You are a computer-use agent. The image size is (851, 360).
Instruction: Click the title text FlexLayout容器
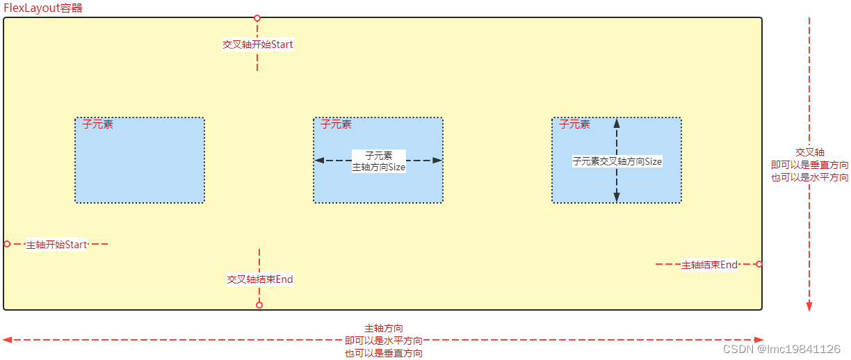[43, 8]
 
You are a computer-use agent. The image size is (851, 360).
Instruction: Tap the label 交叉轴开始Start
[257, 44]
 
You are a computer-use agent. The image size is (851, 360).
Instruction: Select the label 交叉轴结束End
[260, 279]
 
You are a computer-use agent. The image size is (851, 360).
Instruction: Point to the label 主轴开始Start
[56, 245]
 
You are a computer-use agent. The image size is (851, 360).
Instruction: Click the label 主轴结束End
[709, 265]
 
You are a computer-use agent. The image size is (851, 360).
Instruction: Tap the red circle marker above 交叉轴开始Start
[257, 18]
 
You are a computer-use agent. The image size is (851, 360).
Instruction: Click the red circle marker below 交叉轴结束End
[259, 305]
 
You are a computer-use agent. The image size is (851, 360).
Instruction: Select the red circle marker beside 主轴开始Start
[7, 244]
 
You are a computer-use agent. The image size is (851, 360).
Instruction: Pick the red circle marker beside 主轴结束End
[759, 264]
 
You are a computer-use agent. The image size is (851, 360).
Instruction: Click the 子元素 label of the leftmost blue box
[98, 124]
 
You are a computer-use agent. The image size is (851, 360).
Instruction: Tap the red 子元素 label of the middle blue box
[337, 124]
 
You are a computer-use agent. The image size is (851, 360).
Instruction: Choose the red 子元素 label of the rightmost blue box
[575, 124]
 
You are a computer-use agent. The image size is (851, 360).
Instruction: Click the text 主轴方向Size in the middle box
[379, 167]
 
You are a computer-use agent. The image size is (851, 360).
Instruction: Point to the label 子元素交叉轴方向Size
[617, 161]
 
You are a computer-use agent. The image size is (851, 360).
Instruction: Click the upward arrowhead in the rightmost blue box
[617, 123]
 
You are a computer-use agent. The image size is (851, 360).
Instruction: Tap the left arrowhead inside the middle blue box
[319, 161]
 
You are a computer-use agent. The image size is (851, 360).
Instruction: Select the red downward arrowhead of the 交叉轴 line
[809, 306]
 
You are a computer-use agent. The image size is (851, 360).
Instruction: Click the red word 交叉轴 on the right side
[810, 152]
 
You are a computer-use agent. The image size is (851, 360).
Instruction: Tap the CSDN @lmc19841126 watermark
[781, 349]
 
